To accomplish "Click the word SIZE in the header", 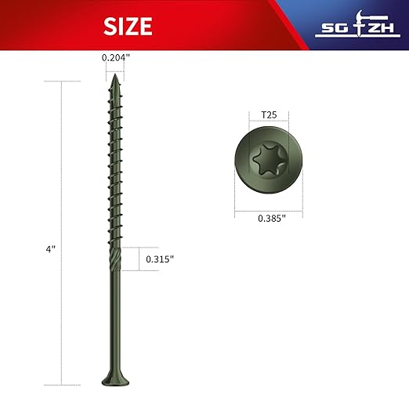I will click(128, 27).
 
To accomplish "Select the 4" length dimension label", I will click(50, 248).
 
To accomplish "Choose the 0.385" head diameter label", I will click(271, 219).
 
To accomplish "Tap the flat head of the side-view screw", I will click(114, 380).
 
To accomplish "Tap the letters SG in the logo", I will click(331, 30).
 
